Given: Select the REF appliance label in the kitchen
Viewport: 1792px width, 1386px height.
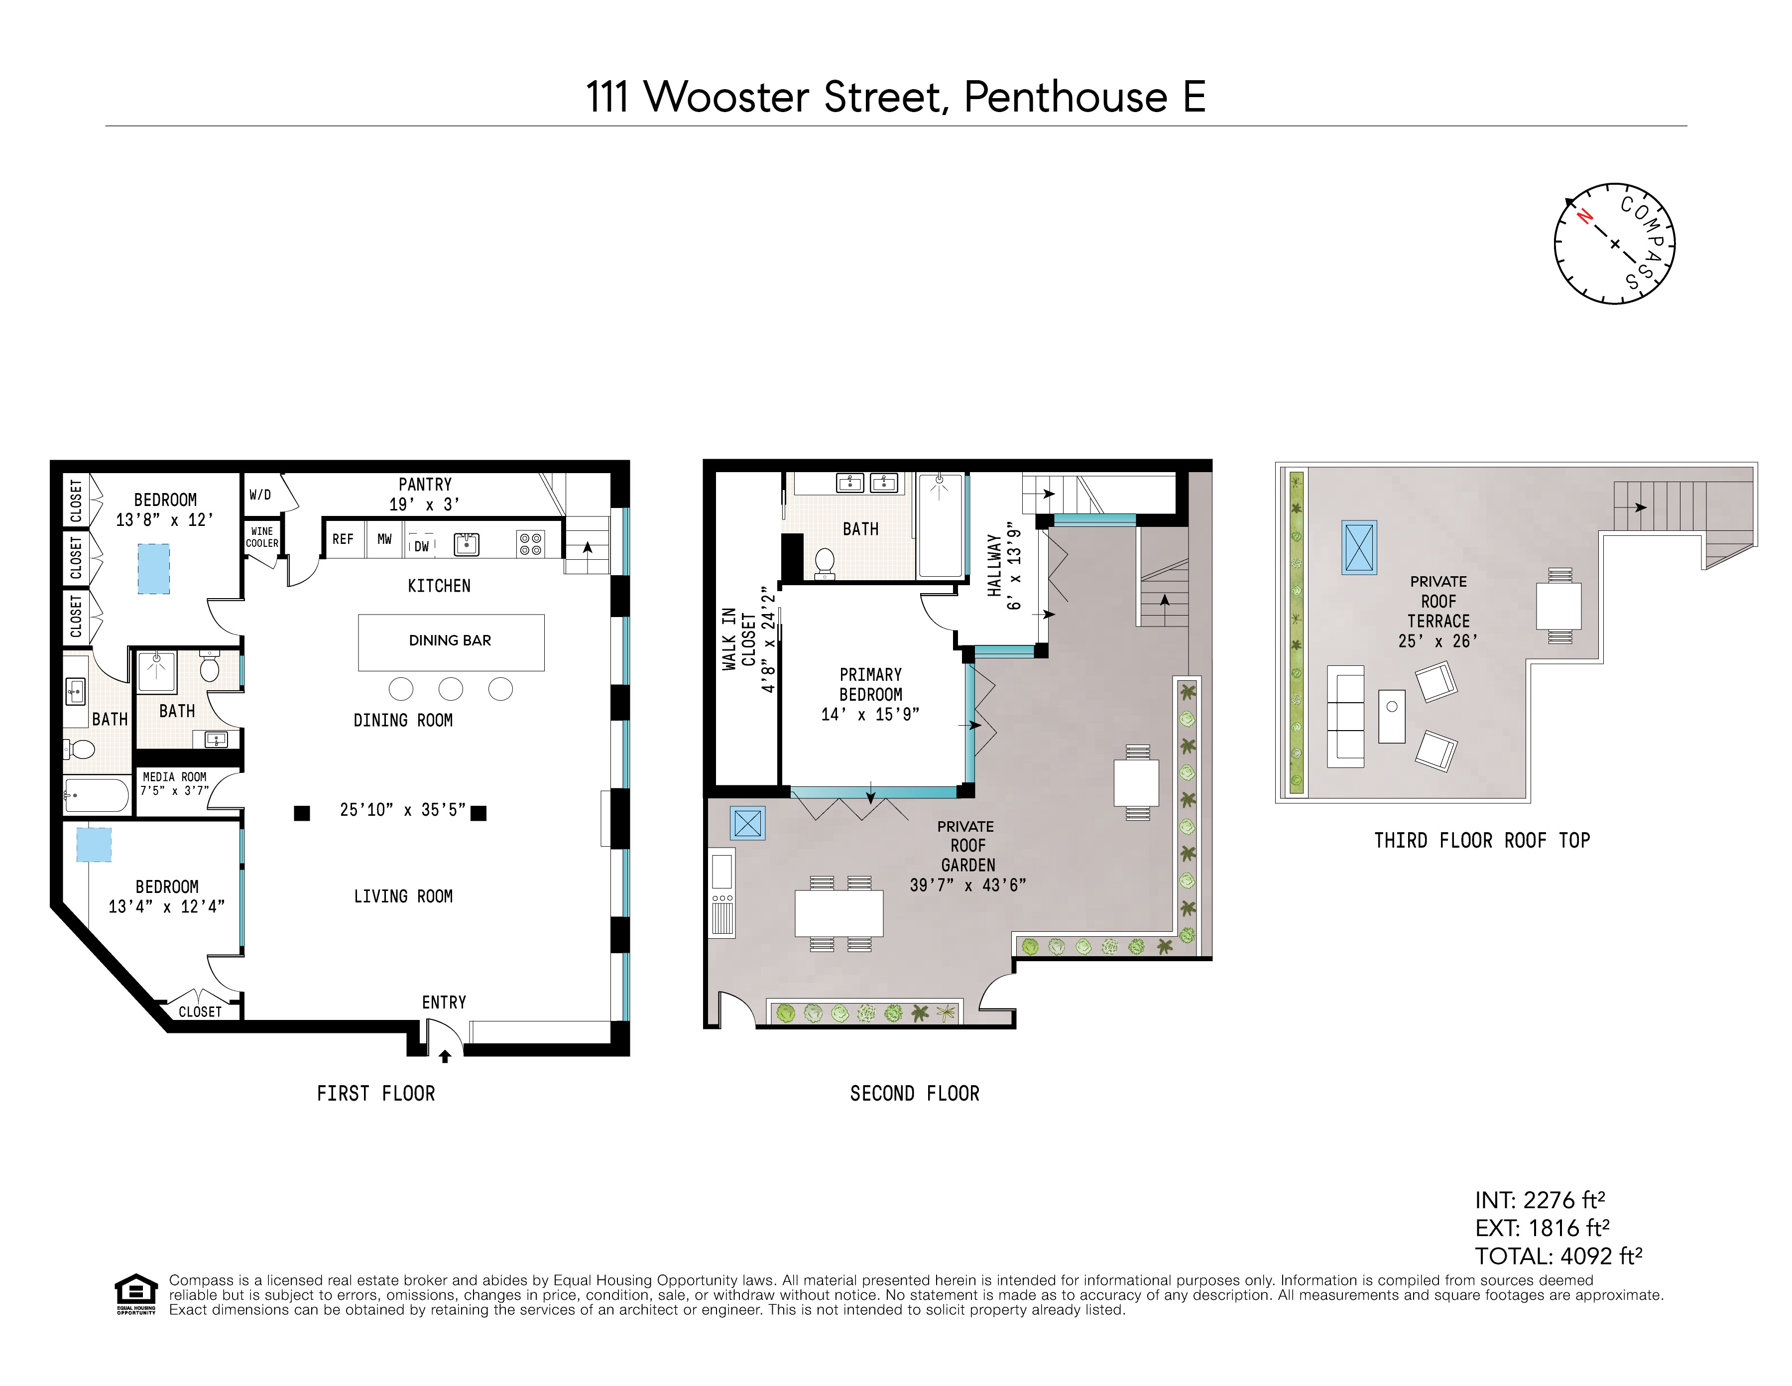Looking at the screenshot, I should click(343, 540).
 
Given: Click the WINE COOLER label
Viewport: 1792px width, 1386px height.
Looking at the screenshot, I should click(262, 537).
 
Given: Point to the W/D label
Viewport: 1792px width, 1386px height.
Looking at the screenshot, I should click(260, 495).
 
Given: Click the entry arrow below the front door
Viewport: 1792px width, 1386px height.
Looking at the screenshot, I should click(445, 1057).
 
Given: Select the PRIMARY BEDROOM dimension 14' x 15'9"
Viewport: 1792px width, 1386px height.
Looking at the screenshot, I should click(870, 715).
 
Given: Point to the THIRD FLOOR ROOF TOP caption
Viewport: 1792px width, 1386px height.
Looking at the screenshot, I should click(1482, 840).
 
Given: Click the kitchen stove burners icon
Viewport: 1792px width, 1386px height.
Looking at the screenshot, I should click(531, 543).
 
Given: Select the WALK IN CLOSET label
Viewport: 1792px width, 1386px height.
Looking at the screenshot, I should click(738, 640).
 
